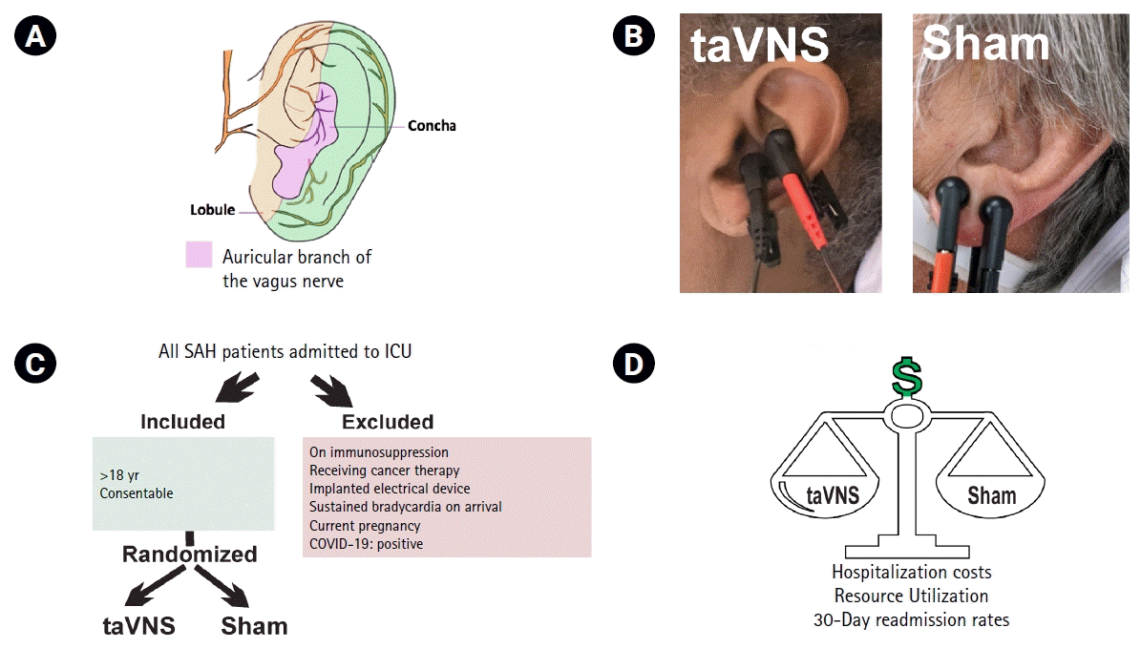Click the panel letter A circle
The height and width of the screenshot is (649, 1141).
coord(36,36)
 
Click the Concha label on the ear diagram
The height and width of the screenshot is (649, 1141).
coord(432,125)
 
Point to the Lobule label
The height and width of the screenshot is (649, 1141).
coord(211,210)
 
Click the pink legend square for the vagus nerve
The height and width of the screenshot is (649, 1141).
coord(199,255)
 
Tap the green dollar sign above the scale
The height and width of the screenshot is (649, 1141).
coord(907,378)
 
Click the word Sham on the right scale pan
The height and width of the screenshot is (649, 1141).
coord(991,495)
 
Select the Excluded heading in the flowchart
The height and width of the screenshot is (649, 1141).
coord(388,422)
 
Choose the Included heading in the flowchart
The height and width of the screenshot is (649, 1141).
coord(182,422)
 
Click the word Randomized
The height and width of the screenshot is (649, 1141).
coord(189,555)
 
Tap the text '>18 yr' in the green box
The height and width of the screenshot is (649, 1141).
coord(119,474)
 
